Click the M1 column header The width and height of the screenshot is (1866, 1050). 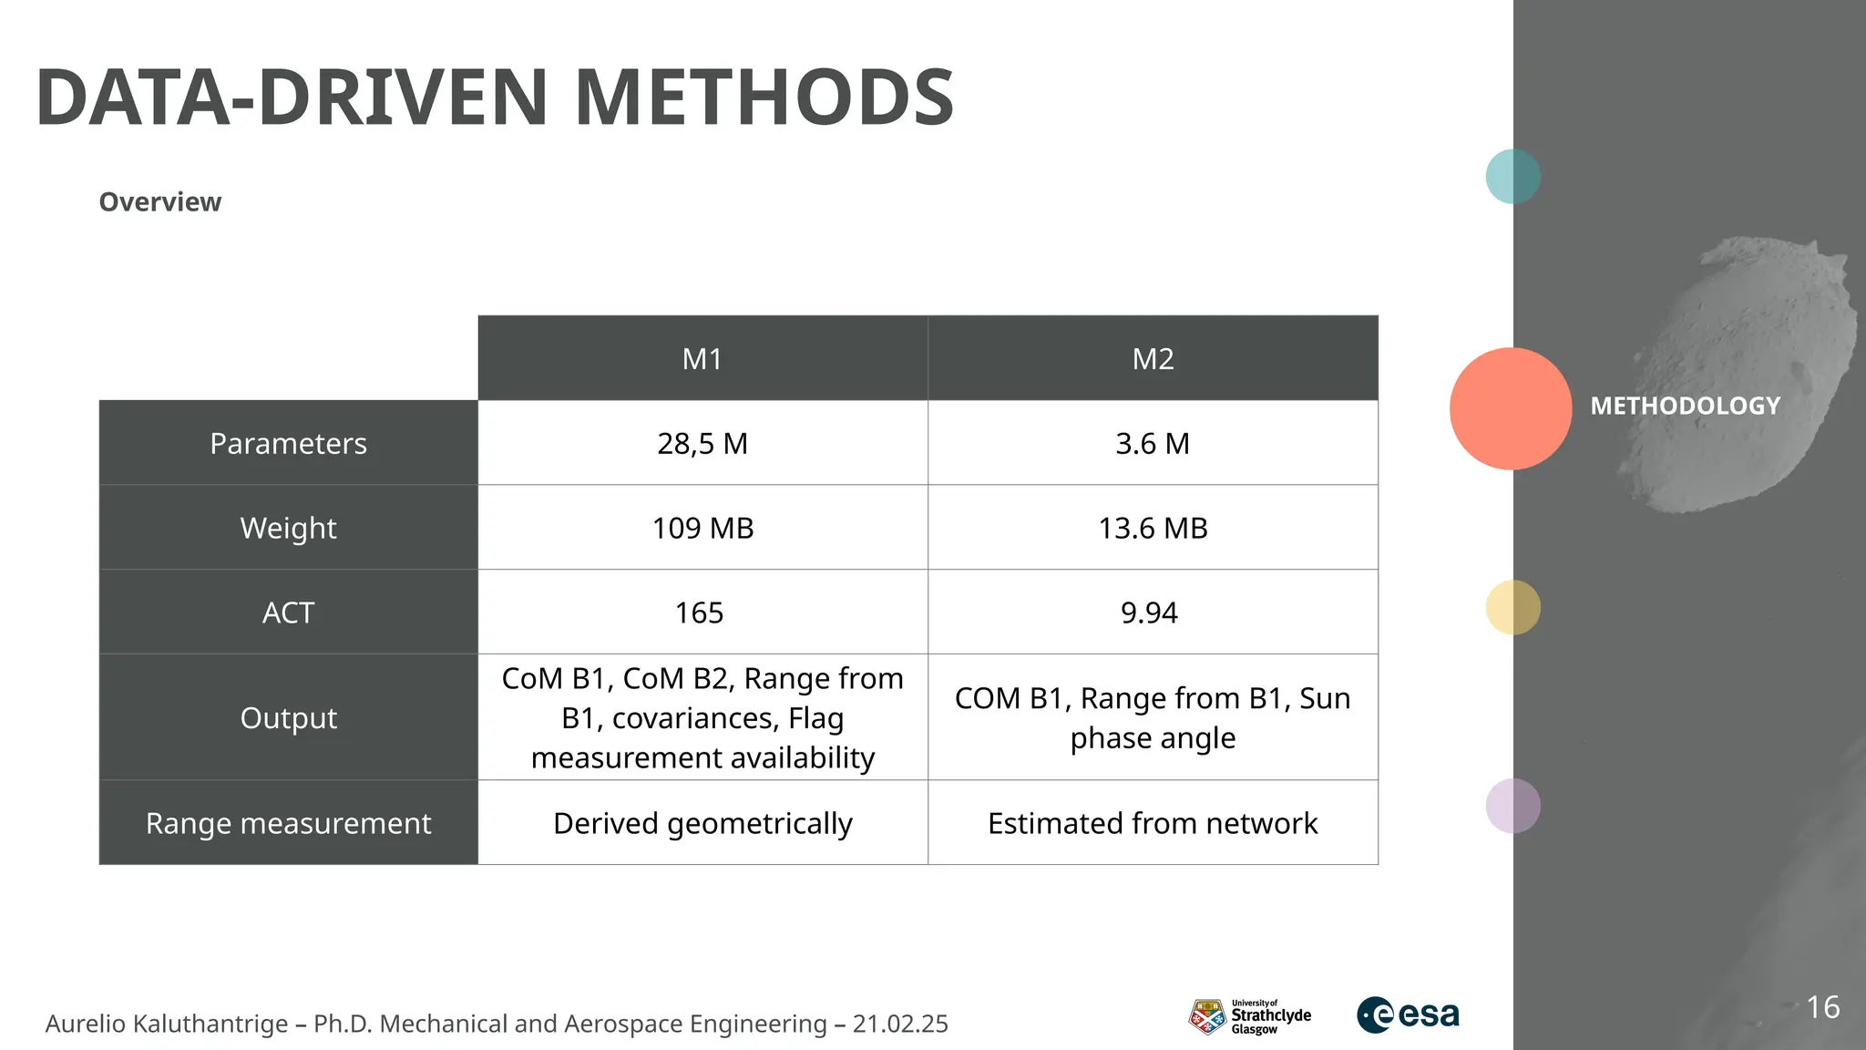(x=702, y=358)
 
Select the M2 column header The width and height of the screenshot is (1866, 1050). (x=1153, y=358)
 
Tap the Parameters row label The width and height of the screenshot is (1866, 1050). (x=288, y=443)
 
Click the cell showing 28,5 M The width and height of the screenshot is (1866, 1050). (x=702, y=443)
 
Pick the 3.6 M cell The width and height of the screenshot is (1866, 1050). (x=1153, y=443)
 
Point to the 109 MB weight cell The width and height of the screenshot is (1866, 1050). (x=702, y=528)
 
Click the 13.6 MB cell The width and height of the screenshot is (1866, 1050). (x=1153, y=528)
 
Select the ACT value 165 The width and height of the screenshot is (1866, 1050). (x=699, y=612)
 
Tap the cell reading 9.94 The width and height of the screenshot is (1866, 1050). (x=1149, y=612)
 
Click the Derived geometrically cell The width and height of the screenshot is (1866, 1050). (x=702, y=823)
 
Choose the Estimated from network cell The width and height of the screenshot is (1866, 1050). (x=1153, y=823)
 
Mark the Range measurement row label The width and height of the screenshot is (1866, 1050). (x=288, y=823)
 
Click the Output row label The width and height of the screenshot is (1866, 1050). (x=288, y=718)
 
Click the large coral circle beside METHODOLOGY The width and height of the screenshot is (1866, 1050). (x=1510, y=408)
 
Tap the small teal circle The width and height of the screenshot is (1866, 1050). (x=1512, y=176)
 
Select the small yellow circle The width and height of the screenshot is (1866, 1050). (x=1512, y=607)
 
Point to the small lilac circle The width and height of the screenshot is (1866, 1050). (x=1512, y=806)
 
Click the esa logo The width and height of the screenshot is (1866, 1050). (x=1408, y=1014)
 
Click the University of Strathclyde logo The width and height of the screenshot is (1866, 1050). (x=1249, y=1016)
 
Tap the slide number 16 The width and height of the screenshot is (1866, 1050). (x=1822, y=1007)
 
